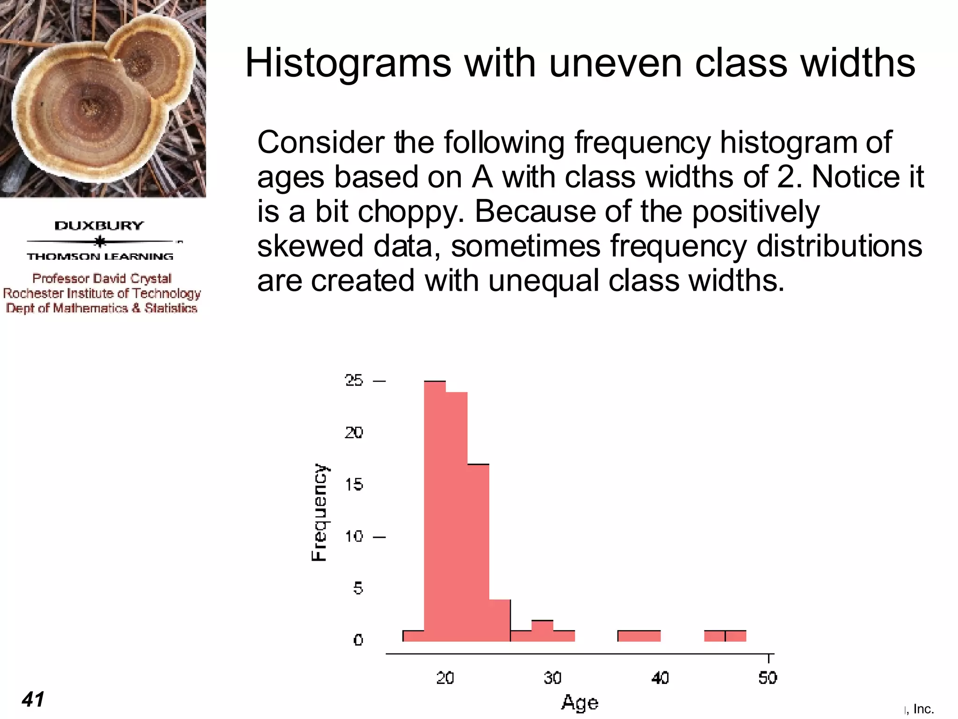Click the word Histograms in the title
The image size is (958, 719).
(x=348, y=63)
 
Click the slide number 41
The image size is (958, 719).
(x=33, y=699)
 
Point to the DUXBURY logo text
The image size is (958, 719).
(x=99, y=226)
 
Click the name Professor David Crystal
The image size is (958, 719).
(x=102, y=279)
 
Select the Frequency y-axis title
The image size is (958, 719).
(x=320, y=512)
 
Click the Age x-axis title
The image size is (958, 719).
(x=580, y=703)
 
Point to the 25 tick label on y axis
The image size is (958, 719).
(x=354, y=380)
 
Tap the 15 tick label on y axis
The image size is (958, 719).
(x=354, y=484)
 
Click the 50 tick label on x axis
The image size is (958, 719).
(x=768, y=678)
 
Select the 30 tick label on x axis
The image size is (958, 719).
(x=552, y=678)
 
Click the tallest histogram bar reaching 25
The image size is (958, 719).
(x=435, y=510)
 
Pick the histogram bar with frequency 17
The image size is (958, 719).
(x=478, y=552)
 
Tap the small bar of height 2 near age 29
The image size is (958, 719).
(x=542, y=631)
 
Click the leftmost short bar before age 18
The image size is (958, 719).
(x=414, y=636)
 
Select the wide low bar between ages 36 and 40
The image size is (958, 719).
(x=639, y=636)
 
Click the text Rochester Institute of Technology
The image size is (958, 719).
(x=102, y=293)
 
